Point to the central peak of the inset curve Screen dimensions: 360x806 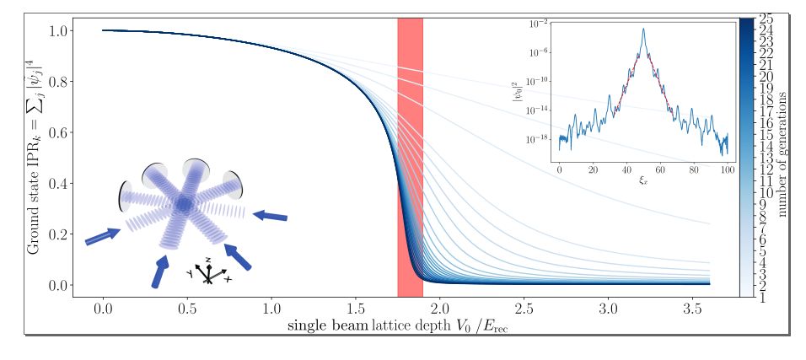tap(643, 30)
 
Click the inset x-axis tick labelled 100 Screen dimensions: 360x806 tap(727, 169)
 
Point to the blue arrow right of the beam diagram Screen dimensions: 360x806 tap(270, 217)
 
